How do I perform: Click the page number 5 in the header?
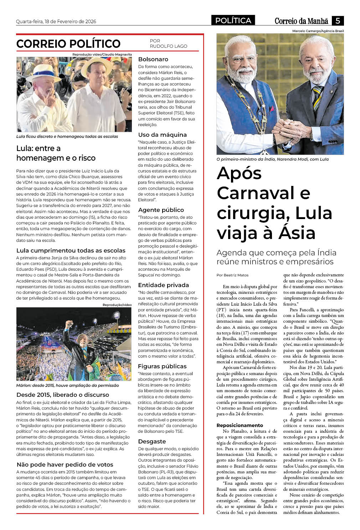pos(337,21)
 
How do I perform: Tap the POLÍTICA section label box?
pos(233,21)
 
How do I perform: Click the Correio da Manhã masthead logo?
pos(301,21)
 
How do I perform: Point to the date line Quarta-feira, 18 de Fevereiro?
pos(56,21)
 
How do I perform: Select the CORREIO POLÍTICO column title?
pos(68,44)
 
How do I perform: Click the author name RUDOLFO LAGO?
pos(168,46)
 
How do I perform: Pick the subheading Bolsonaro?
pos(153,59)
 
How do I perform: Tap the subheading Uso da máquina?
pos(162,135)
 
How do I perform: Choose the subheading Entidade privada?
pos(163,285)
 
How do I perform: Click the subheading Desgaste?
pos(152,441)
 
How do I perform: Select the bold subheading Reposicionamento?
pos(240,425)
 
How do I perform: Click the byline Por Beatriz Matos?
pos(232,275)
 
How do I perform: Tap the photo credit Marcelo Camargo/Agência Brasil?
pos(318,31)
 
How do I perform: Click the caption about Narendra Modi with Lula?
pos(272,159)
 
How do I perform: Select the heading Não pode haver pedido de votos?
pos(65,464)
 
